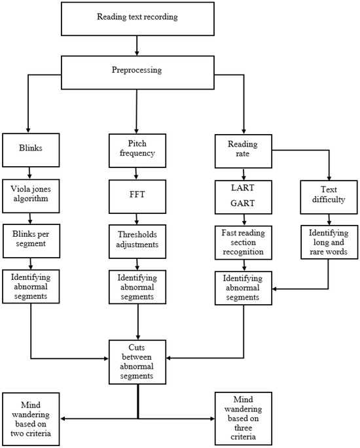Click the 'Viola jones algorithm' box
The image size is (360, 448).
point(28,195)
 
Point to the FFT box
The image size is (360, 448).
point(137,195)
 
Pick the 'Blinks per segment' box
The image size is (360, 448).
point(28,241)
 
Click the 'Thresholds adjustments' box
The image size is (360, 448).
point(137,241)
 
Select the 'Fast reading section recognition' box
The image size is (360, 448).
point(243,241)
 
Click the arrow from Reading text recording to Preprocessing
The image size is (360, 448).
point(135,44)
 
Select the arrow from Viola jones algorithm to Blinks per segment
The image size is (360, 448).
point(28,218)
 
